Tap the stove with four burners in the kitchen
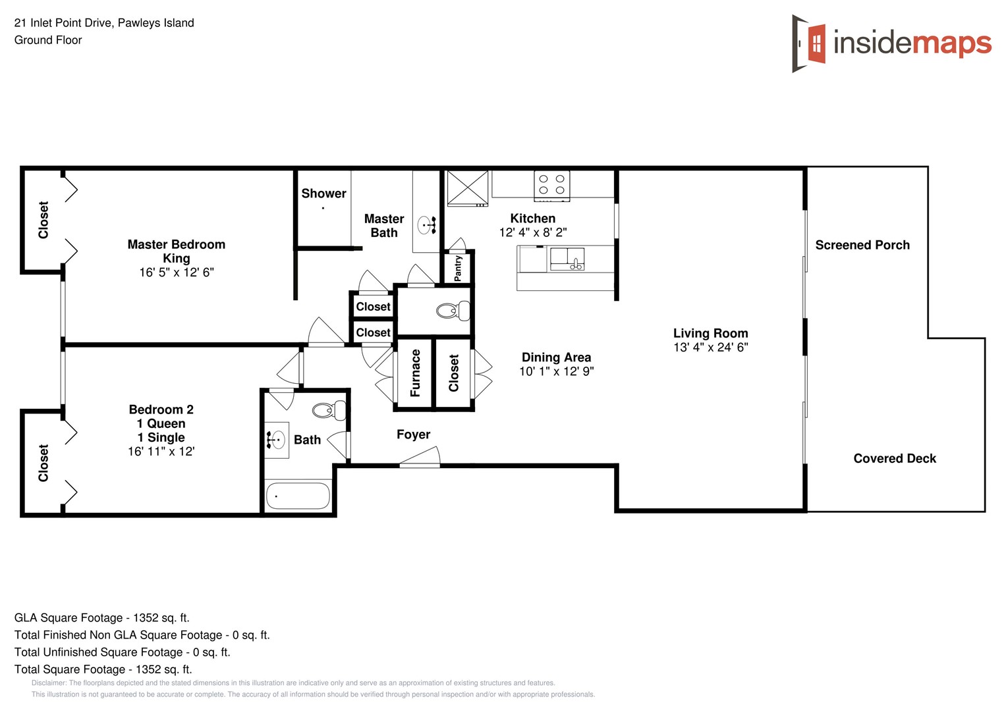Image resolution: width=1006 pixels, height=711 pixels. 551,185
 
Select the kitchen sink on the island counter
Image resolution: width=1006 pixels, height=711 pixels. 567,259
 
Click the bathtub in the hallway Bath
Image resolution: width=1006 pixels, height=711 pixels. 298,496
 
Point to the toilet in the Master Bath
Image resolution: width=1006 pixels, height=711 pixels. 453,311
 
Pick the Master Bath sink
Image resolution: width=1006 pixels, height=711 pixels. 427,225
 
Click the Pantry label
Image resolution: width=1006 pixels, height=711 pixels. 459,269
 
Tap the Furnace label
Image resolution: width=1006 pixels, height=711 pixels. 415,373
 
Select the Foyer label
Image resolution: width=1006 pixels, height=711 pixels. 413,434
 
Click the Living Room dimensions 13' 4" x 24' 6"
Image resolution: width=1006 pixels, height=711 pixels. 710,348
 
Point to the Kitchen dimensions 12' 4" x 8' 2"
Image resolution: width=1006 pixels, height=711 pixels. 532,232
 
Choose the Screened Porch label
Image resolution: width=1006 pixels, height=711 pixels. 862,245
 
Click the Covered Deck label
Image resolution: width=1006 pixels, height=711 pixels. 894,458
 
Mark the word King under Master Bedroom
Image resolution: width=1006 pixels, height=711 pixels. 176,259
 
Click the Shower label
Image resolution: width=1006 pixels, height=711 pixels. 323,194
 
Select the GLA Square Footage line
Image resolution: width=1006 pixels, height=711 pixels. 101,618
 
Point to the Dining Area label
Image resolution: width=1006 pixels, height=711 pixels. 556,357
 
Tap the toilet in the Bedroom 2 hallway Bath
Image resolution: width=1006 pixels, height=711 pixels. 327,411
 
